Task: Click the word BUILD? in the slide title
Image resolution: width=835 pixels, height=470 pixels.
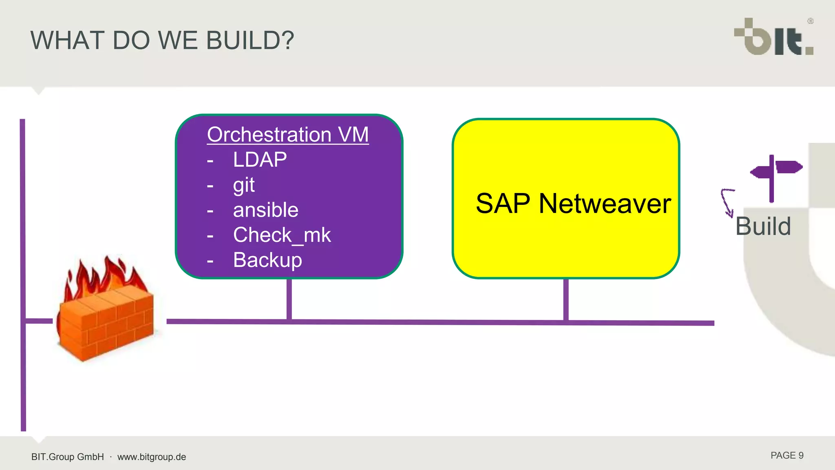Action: tap(250, 40)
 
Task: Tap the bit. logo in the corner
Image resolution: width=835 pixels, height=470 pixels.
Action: tap(773, 38)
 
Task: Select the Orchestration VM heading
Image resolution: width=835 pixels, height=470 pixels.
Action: tap(288, 135)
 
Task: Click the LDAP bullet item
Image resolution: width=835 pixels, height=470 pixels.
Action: tap(260, 160)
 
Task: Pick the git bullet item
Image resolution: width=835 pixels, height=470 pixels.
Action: tap(244, 185)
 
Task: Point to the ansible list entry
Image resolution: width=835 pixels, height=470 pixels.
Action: tap(265, 210)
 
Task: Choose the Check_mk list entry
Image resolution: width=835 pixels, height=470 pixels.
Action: tap(282, 235)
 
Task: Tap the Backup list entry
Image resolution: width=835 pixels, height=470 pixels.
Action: tap(267, 260)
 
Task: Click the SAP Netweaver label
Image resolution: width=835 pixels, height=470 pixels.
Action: tap(573, 204)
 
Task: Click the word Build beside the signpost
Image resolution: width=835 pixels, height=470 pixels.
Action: tap(763, 226)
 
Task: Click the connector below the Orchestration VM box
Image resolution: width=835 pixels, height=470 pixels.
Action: tap(289, 299)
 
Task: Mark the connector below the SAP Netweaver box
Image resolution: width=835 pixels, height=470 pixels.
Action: tap(566, 300)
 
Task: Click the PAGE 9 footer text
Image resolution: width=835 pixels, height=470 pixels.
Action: tap(786, 456)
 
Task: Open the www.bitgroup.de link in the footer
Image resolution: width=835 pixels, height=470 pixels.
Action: tap(152, 457)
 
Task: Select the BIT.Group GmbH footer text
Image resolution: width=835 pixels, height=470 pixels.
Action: tap(68, 457)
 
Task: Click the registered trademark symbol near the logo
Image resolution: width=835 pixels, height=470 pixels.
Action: tap(810, 21)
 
